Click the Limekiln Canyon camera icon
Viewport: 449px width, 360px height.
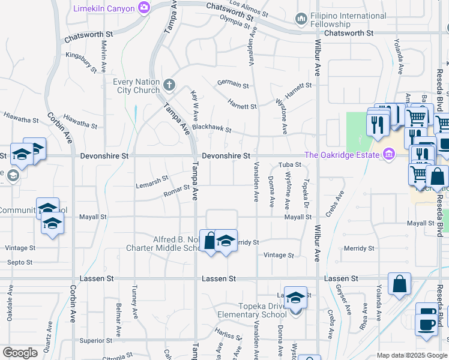[x=143, y=8]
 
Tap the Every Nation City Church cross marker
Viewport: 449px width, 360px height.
[x=169, y=85]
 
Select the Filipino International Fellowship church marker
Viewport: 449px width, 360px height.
[x=301, y=20]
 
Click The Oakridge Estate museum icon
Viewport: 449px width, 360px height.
[x=388, y=155]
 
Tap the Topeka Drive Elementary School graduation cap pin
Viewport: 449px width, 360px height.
[x=295, y=298]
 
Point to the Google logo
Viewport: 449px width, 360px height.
[x=20, y=353]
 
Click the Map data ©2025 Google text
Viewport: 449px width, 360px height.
[x=412, y=355]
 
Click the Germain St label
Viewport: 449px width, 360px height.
[x=234, y=85]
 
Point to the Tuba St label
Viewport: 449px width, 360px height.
[x=289, y=165]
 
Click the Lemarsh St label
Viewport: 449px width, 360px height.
[x=152, y=180]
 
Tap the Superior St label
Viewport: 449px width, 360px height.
[x=92, y=340]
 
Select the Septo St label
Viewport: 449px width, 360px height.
[x=19, y=262]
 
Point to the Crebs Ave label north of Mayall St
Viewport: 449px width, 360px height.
[x=339, y=200]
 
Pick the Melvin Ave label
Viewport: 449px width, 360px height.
[x=104, y=57]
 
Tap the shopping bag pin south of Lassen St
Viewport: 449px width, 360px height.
[x=399, y=284]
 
